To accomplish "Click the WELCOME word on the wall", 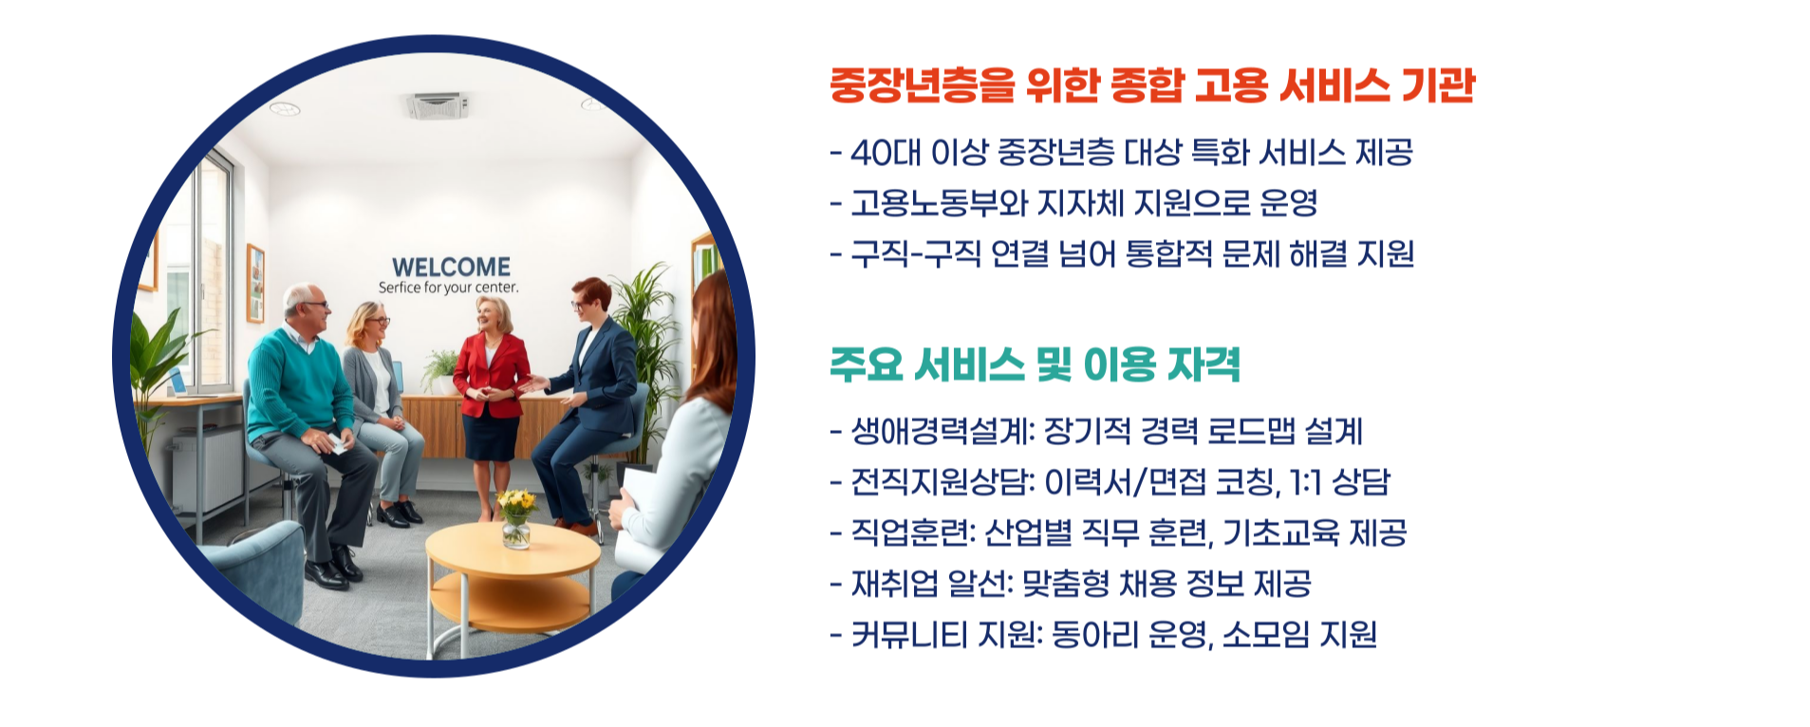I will (451, 267).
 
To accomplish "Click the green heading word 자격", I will (1203, 364).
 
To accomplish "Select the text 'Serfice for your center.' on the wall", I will (448, 288).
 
